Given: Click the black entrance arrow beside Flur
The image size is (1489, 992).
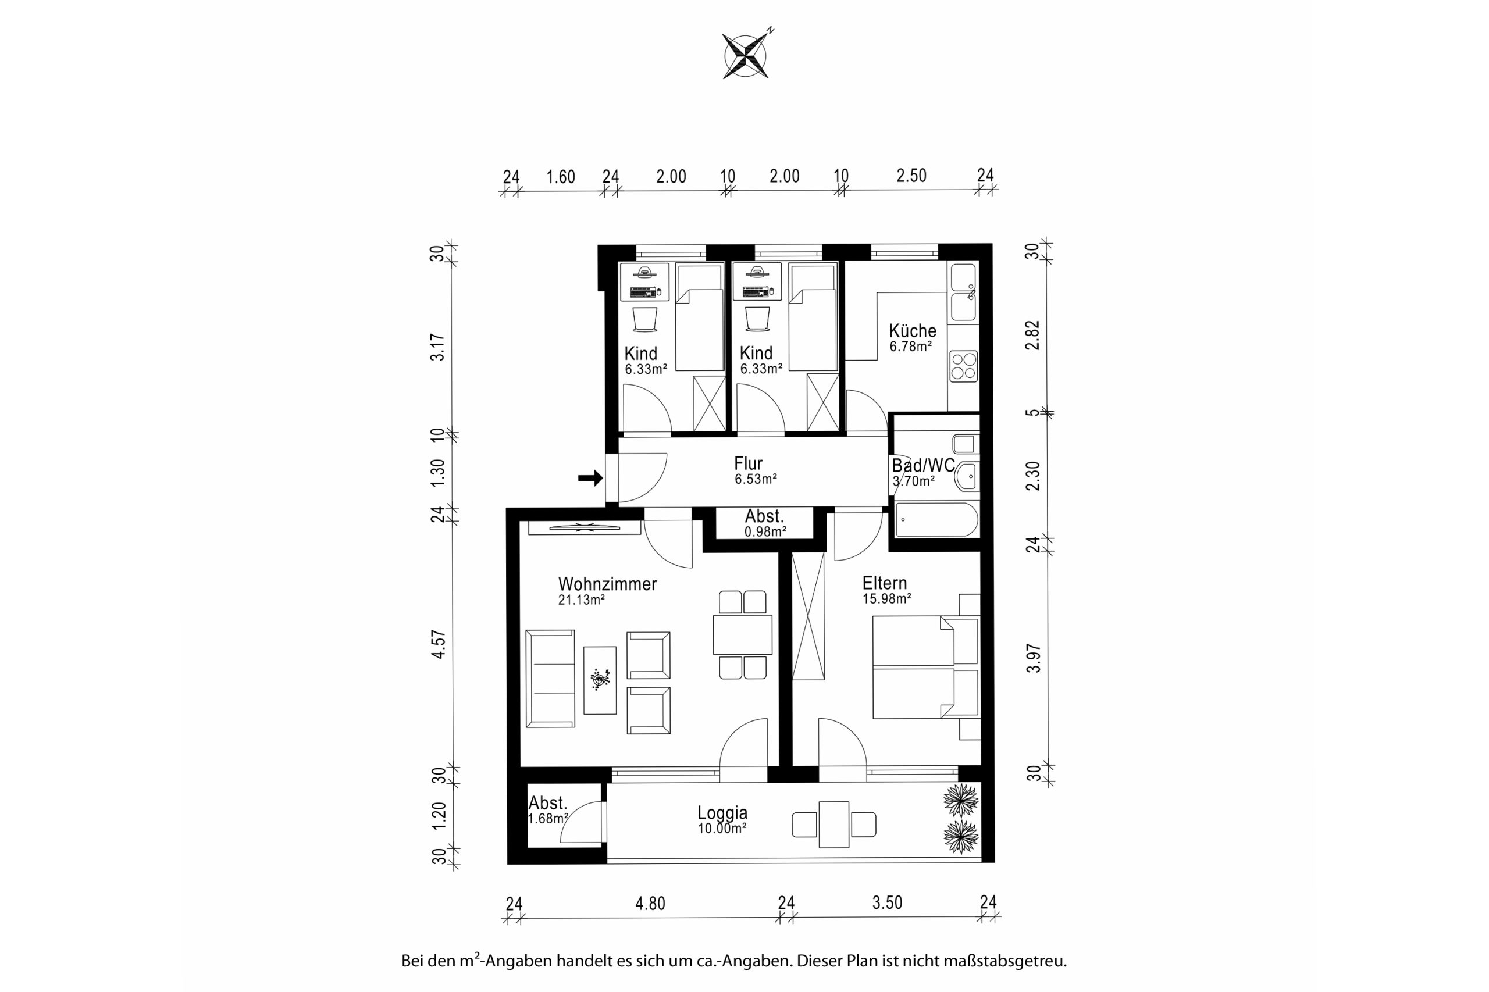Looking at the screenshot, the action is click(590, 479).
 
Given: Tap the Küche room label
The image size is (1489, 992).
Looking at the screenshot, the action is click(913, 330).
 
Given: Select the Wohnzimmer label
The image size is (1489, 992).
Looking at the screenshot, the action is click(607, 584).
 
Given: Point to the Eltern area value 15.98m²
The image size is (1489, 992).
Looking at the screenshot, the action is click(886, 598).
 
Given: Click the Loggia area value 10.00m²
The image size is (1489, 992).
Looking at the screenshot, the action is click(722, 828).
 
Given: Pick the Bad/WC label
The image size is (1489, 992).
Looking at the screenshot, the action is click(923, 466).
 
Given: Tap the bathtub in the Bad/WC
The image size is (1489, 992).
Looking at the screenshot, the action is click(936, 520).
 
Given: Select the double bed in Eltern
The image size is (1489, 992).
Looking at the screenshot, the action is click(926, 668).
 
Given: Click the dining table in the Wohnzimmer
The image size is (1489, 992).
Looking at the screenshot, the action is click(742, 634).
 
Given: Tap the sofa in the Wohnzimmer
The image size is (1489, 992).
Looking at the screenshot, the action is click(550, 678).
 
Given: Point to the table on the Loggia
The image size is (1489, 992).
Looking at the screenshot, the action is click(833, 825).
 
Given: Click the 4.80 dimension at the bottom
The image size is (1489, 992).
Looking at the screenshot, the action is click(650, 904).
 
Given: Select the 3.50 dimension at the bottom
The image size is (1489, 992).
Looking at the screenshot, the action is click(887, 903).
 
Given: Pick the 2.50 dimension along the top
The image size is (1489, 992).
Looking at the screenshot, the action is click(911, 175).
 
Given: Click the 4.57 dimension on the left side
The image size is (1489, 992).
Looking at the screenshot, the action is click(439, 645).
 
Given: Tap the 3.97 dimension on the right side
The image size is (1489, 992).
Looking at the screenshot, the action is click(1034, 658).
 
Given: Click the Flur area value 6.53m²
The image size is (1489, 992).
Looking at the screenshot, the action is click(756, 479).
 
